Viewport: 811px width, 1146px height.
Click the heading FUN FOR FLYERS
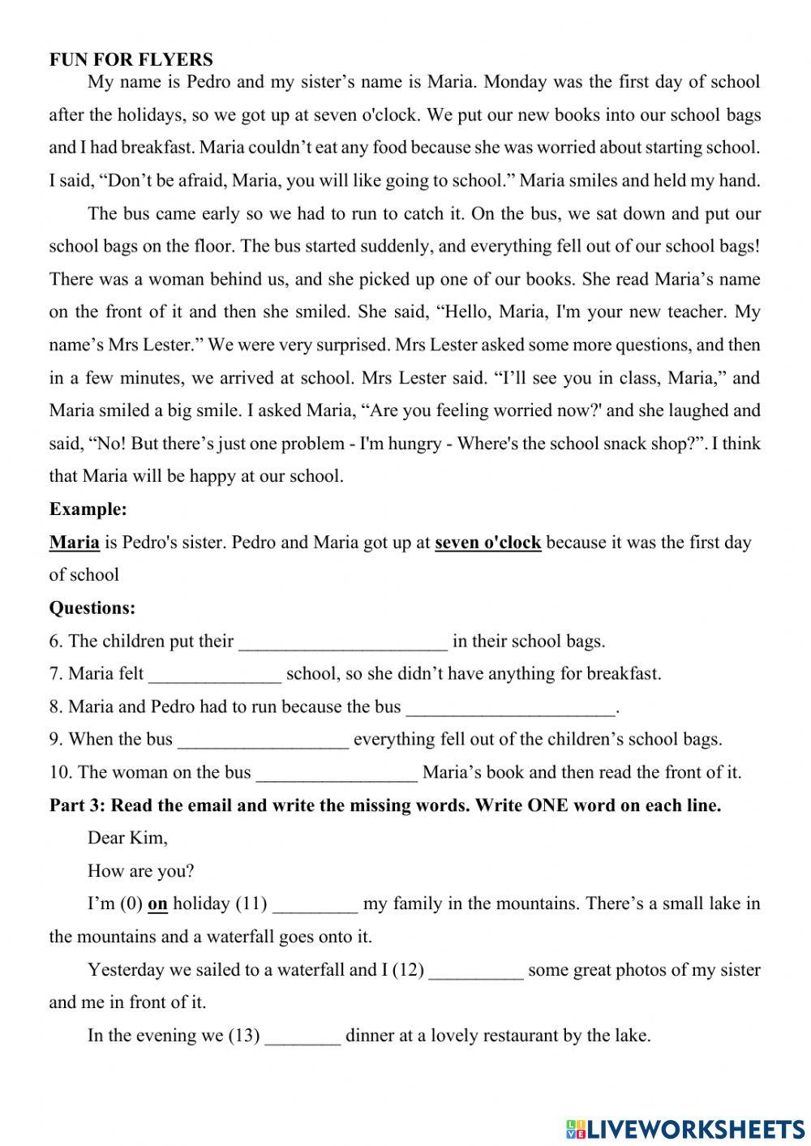point(131,59)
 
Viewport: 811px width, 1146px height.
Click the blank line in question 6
point(343,642)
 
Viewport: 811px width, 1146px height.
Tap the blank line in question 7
point(215,675)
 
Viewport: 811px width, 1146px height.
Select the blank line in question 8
point(511,708)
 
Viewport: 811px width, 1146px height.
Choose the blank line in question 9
point(263,740)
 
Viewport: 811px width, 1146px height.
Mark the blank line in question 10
point(337,774)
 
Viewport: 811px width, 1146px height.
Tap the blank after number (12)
point(476,971)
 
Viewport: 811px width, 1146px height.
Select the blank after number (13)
point(303,1037)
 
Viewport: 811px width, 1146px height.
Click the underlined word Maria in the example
point(75,543)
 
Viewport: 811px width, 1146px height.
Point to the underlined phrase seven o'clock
point(487,543)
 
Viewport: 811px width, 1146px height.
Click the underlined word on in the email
point(157,904)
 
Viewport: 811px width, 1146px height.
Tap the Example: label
point(88,509)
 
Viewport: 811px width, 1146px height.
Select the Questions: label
point(92,607)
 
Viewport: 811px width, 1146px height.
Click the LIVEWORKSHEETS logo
point(685,1128)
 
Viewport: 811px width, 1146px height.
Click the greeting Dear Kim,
point(127,838)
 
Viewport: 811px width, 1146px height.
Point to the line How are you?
point(140,871)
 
